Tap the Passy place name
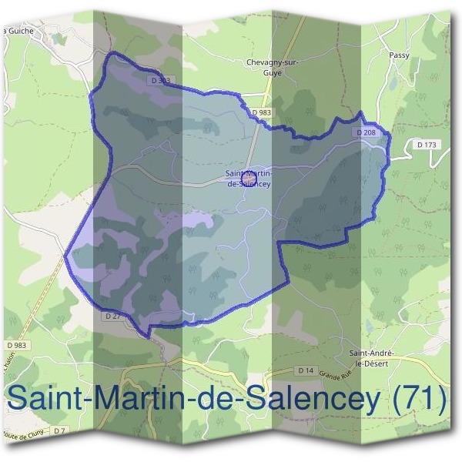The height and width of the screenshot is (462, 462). pyautogui.click(x=399, y=55)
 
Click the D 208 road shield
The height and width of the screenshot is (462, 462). pyautogui.click(x=367, y=132)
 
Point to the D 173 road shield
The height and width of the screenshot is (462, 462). pyautogui.click(x=426, y=144)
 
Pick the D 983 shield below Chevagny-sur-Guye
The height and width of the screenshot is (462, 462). pyautogui.click(x=262, y=113)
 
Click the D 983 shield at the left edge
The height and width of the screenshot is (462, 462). pyautogui.click(x=15, y=345)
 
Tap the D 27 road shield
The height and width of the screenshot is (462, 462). pyautogui.click(x=111, y=316)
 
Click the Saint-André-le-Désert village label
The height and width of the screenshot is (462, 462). pyautogui.click(x=373, y=357)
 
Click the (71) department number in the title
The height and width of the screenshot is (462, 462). pyautogui.click(x=420, y=399)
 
